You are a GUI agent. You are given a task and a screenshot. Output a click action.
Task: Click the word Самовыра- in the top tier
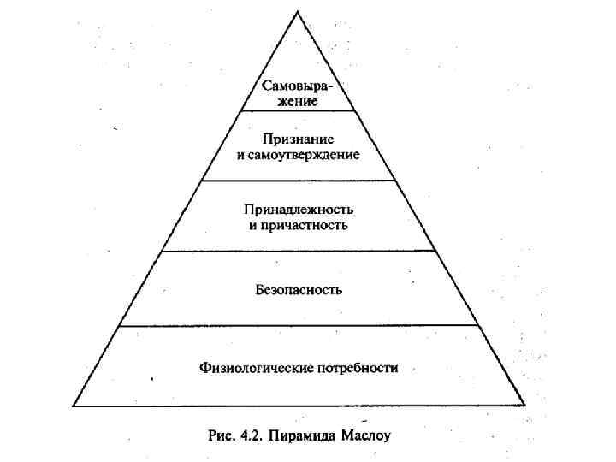click(299, 86)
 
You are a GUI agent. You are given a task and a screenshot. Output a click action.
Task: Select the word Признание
click(299, 139)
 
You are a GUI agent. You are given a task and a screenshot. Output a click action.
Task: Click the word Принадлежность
click(299, 210)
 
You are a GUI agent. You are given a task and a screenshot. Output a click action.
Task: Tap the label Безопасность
click(299, 289)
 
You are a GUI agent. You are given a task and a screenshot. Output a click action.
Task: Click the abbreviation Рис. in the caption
click(222, 435)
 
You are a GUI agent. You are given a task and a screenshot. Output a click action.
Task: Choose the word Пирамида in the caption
click(298, 435)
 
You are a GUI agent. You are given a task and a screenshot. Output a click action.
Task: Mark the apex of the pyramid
click(299, 11)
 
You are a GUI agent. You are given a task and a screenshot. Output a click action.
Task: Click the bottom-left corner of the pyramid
click(72, 406)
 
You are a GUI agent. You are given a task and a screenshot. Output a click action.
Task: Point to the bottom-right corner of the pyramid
click(524, 406)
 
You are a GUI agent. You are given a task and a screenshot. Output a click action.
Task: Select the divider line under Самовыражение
click(299, 110)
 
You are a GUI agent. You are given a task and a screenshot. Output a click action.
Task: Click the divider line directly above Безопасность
click(299, 251)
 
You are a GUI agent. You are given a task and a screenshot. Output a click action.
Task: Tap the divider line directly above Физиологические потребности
click(299, 325)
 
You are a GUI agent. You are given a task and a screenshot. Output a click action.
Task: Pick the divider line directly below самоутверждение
click(299, 180)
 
